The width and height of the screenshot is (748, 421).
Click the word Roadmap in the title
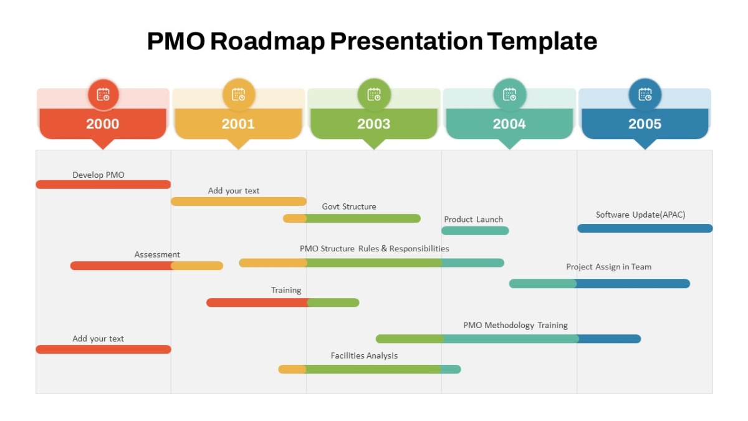pos(267,41)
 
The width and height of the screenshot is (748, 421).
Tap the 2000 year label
pos(102,124)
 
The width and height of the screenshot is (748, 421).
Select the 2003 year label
pos(373,124)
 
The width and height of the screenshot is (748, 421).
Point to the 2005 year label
pos(645,124)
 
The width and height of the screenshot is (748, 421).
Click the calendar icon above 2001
pos(238,95)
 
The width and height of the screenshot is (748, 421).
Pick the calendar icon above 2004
pos(510,95)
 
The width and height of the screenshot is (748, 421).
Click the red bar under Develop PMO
pos(103,185)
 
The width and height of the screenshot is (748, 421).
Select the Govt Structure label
pos(349,206)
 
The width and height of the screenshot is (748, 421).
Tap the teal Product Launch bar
pos(475,231)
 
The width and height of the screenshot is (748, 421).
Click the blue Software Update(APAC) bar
pos(645,228)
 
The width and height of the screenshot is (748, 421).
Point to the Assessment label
pos(157,254)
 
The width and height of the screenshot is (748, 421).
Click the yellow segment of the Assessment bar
pos(197,266)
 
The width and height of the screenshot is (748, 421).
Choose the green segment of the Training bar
pos(333,302)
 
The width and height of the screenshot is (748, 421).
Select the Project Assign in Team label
pos(609,267)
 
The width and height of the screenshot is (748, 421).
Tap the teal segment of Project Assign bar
pos(543,284)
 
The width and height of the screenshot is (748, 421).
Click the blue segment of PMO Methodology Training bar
pos(610,339)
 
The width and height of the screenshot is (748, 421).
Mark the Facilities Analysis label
pos(364,356)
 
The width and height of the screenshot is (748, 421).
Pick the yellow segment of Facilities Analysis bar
pos(292,369)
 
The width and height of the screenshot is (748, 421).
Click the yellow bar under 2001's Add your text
pos(238,201)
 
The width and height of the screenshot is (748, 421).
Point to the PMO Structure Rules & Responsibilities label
pos(375,249)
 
